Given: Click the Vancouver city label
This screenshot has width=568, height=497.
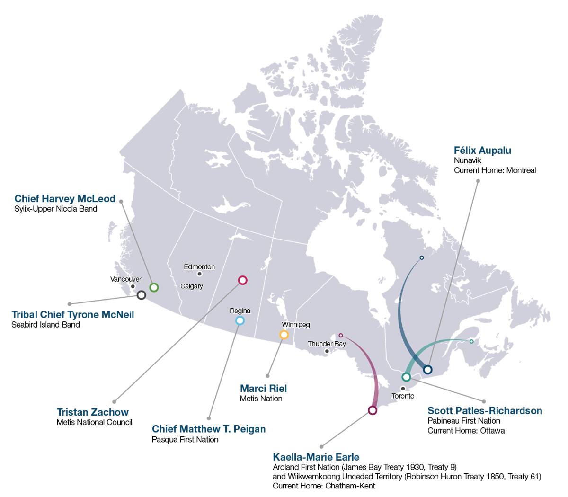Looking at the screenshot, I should [x=125, y=279].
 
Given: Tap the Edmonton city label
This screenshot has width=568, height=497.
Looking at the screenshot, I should [x=199, y=267].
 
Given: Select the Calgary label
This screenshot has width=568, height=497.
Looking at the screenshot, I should [x=192, y=286].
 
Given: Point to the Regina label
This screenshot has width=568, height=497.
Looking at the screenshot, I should [x=240, y=311].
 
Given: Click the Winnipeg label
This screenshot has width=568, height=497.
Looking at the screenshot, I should [x=296, y=325].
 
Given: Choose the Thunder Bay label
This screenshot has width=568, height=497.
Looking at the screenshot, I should [x=327, y=344].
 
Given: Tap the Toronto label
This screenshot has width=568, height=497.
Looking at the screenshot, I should [x=403, y=396].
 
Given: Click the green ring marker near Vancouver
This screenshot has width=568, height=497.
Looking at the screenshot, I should [x=154, y=287].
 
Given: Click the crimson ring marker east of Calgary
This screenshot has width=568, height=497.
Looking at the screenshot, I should [x=242, y=280].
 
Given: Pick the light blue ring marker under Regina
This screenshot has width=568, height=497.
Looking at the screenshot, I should [x=240, y=321].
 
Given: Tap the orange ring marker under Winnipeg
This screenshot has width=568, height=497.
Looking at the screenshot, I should [x=284, y=335].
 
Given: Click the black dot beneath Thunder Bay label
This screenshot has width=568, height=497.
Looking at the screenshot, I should [x=327, y=351].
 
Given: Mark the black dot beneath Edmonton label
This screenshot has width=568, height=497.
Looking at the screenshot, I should [x=199, y=274].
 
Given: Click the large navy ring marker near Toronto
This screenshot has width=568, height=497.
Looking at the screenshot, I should [x=427, y=369].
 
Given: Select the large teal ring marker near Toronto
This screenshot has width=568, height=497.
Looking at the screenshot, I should [x=406, y=377].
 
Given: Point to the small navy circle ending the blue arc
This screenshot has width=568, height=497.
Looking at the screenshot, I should [x=422, y=258].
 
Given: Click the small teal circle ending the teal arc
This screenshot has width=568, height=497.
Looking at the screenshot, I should [x=471, y=341].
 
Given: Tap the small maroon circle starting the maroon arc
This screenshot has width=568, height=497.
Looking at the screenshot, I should [x=340, y=335].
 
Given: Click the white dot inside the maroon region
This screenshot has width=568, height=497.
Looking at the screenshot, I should [x=373, y=410].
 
